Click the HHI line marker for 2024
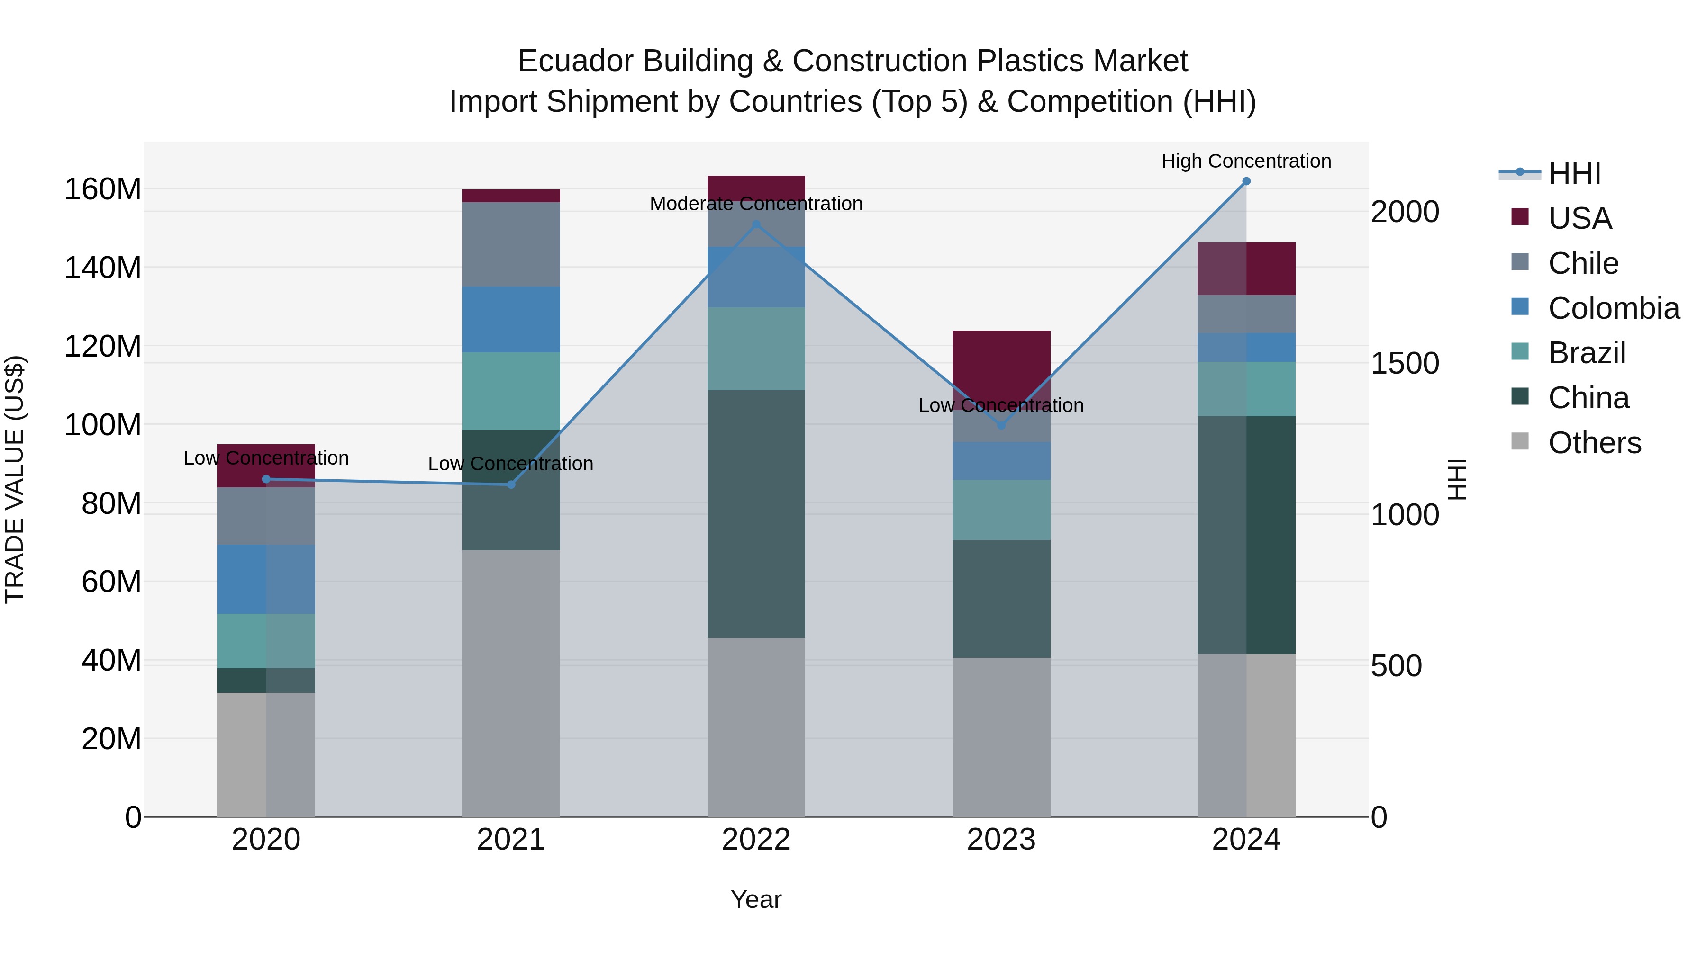tap(1246, 181)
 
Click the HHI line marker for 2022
tap(756, 225)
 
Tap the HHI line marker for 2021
tap(510, 484)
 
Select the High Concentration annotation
tap(1246, 161)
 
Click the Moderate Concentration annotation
tap(756, 204)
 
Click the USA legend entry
tap(1579, 218)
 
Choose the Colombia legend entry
tap(1613, 308)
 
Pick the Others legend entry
tap(1594, 443)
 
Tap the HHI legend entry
tap(1574, 173)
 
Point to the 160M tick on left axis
tap(103, 190)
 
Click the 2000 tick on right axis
tap(1404, 213)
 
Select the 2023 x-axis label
tap(1001, 840)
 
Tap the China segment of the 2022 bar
tap(756, 513)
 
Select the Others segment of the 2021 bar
tap(510, 682)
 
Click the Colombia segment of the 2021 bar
tap(510, 319)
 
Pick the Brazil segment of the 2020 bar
tap(265, 641)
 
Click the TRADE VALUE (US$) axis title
tap(15, 479)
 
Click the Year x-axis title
tap(756, 899)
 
